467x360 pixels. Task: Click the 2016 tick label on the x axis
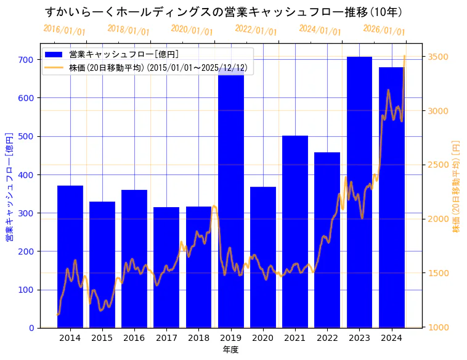tap(134, 337)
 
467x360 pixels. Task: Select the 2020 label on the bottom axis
tap(263, 337)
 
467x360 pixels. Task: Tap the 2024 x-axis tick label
tap(391, 337)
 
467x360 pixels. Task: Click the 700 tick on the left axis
tap(26, 60)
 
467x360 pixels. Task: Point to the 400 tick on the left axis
tap(26, 175)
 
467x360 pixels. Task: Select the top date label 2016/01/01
tap(64, 30)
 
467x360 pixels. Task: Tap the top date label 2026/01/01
tap(384, 30)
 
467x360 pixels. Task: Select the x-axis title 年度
tap(230, 350)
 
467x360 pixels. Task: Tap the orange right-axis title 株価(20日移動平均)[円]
tap(457, 186)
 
